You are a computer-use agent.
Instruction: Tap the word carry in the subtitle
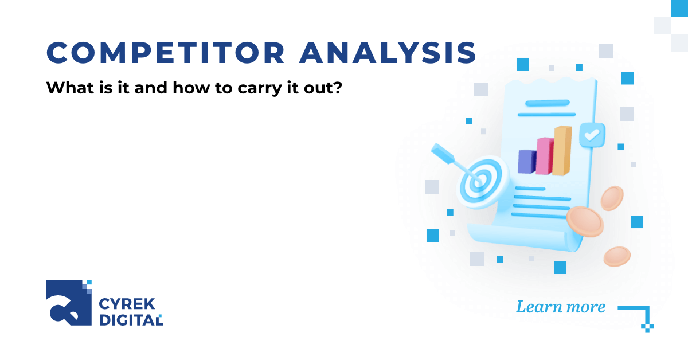point(242,89)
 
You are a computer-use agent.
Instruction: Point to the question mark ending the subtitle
point(338,89)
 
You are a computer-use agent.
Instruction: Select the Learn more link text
point(560,307)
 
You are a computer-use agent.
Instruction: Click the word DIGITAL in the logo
point(131,320)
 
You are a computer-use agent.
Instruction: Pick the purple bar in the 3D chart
point(526,161)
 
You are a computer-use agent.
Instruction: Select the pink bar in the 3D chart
point(544,155)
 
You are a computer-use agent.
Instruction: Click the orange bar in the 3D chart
point(562,150)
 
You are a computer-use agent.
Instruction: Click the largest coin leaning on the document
point(585,222)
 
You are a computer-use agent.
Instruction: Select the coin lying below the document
point(617,256)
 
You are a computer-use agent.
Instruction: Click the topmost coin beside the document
point(612,198)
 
